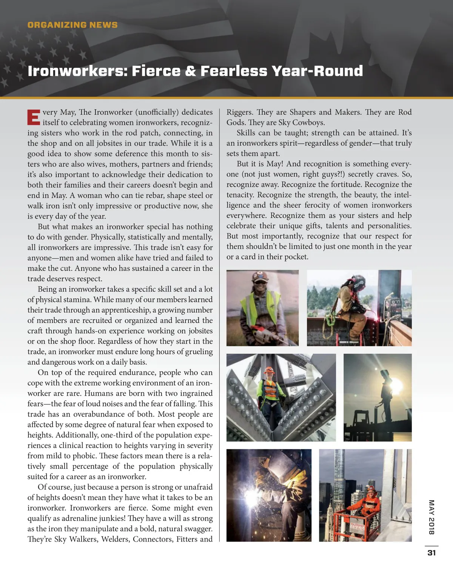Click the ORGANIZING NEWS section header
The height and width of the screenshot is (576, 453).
(72, 25)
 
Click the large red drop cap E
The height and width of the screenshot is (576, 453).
(33, 117)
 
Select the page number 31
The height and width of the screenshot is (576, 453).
(431, 553)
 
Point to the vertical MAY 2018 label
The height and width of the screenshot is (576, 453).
(431, 517)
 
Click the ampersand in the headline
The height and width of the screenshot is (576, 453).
(191, 71)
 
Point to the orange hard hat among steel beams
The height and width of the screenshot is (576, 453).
(269, 370)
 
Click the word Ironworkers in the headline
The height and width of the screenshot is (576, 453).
(76, 71)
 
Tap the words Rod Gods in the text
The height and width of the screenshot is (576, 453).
(405, 112)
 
